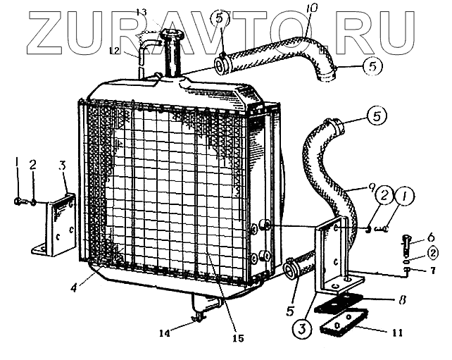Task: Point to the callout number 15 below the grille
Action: tap(239, 338)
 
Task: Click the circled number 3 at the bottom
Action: tap(300, 328)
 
